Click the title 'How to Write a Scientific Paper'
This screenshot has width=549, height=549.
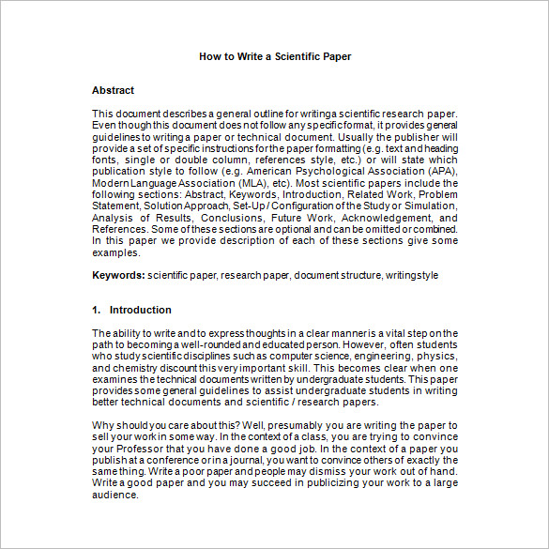pos(275,56)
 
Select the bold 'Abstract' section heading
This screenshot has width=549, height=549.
pos(113,90)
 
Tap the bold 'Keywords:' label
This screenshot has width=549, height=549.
pos(118,276)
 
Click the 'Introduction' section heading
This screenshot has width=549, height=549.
pos(140,310)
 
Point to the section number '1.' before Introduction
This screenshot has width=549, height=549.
pos(97,310)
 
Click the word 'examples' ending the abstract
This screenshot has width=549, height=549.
pos(115,252)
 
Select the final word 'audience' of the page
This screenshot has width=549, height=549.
pos(114,496)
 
